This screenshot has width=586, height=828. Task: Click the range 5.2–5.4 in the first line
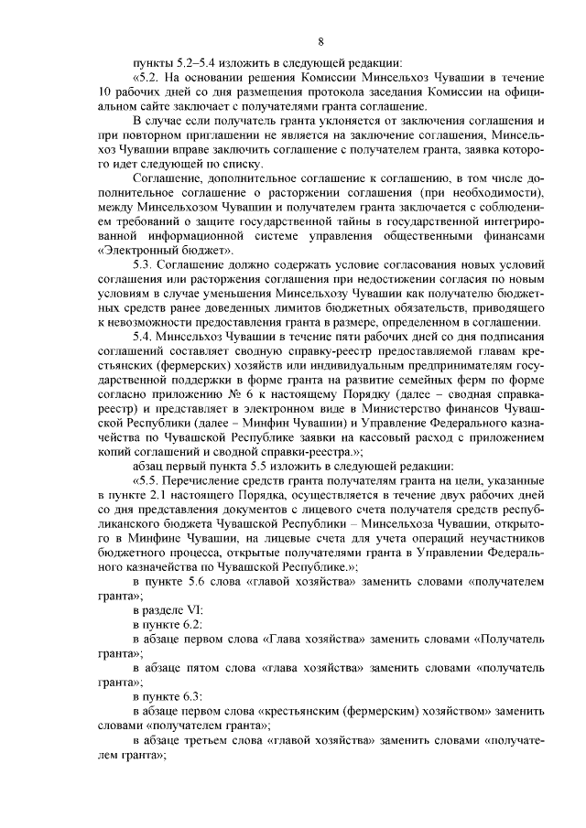tap(192, 63)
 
